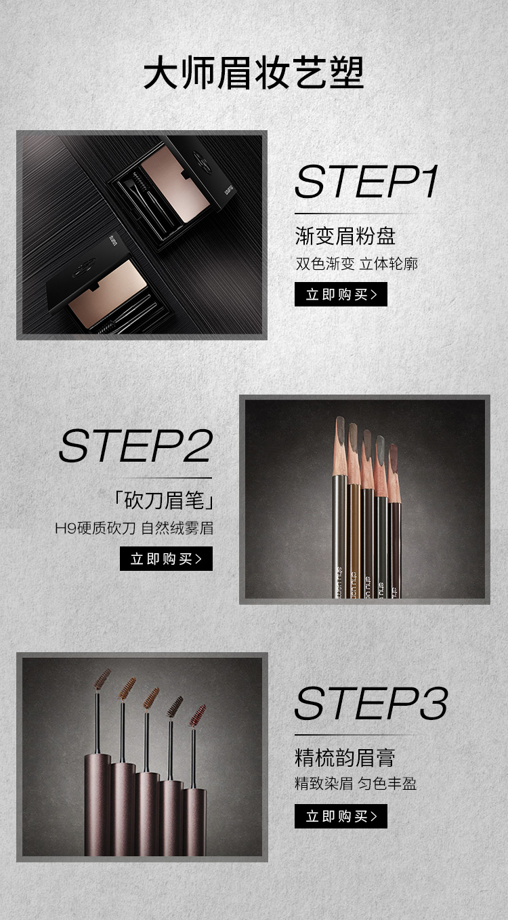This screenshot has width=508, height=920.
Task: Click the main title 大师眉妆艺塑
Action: pyautogui.click(x=253, y=73)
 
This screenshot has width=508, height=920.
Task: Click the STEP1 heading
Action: pyautogui.click(x=366, y=182)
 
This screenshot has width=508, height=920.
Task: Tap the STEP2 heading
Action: pyautogui.click(x=136, y=445)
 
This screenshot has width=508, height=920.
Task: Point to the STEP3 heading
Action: pyautogui.click(x=371, y=703)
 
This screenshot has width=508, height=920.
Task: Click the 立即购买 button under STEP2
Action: pyautogui.click(x=166, y=559)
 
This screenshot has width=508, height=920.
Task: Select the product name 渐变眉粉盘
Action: pyautogui.click(x=345, y=236)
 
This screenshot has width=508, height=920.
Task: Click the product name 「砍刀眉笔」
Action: pyautogui.click(x=163, y=500)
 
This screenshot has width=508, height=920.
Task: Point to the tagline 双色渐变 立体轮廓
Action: pyautogui.click(x=356, y=264)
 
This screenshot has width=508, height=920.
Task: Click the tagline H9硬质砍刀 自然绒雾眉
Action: pyautogui.click(x=134, y=528)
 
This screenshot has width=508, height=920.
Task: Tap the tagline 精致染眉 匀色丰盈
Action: pyautogui.click(x=356, y=784)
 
